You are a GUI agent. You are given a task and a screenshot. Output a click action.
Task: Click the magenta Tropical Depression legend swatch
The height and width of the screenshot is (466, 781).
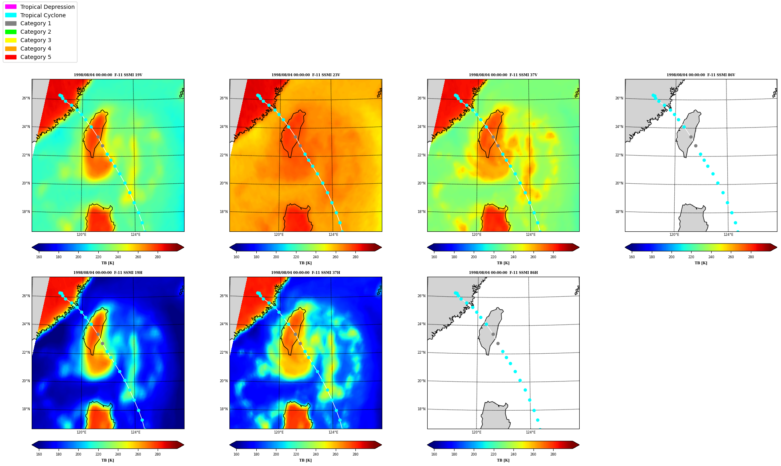[11, 7]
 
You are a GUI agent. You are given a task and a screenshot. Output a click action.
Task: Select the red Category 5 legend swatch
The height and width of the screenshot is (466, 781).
[11, 57]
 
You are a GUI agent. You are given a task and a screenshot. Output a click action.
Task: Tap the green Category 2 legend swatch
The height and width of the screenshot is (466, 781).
[11, 32]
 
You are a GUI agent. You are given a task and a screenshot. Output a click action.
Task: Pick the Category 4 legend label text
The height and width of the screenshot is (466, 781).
[36, 49]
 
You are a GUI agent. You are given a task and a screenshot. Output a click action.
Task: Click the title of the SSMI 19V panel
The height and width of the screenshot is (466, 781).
[108, 75]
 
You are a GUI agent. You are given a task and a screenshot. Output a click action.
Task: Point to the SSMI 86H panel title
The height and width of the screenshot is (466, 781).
[503, 273]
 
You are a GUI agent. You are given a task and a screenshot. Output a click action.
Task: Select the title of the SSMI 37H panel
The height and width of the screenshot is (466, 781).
[306, 273]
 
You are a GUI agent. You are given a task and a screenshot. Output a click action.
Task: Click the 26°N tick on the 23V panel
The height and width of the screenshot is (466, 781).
[223, 98]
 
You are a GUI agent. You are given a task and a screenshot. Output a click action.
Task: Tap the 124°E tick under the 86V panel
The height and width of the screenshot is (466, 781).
[728, 235]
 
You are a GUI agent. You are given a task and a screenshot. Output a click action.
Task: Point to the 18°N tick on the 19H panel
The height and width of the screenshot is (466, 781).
[26, 409]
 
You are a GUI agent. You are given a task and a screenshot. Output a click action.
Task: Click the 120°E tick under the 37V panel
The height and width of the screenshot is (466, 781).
[477, 235]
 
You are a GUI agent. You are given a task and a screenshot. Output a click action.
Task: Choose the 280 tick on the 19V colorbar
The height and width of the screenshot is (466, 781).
[158, 257]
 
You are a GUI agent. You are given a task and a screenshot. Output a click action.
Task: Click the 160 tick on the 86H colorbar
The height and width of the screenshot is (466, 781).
[434, 454]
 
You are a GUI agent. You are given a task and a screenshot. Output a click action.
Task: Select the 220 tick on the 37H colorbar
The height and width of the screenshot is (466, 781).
[296, 454]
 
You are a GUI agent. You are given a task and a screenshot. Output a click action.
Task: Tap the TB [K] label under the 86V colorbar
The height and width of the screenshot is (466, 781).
[701, 263]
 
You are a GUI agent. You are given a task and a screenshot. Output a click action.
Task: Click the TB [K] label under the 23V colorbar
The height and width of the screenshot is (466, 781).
[305, 263]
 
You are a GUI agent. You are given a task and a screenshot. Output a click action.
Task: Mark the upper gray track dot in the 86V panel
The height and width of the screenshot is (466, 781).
[691, 137]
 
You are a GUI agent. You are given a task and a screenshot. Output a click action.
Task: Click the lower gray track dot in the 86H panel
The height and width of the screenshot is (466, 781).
[498, 343]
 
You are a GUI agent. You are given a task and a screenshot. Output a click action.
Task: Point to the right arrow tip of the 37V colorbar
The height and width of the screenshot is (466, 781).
[579, 247]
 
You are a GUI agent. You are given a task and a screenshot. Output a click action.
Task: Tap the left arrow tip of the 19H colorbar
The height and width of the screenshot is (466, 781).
[32, 445]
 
